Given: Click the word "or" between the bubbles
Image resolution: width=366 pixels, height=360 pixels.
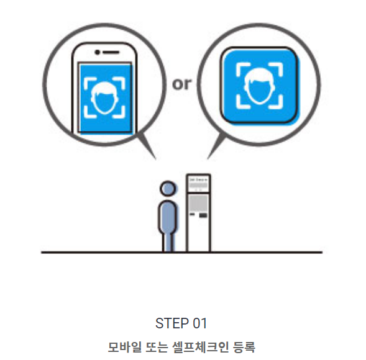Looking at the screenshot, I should [x=182, y=83].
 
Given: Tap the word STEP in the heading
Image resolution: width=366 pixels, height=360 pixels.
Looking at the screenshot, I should [x=170, y=323].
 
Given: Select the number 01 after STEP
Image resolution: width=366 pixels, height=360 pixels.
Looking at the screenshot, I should [x=198, y=323].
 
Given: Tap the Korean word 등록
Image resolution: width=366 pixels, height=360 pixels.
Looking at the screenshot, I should [x=243, y=346].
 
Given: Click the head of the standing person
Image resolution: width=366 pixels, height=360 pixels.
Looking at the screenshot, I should [x=167, y=188].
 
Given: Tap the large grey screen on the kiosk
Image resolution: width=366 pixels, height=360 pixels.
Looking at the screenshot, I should [x=198, y=202].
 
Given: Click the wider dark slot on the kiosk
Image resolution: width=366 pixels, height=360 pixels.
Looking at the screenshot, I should [x=203, y=217].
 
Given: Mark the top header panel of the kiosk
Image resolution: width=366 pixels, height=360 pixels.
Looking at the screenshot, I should [x=198, y=182].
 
